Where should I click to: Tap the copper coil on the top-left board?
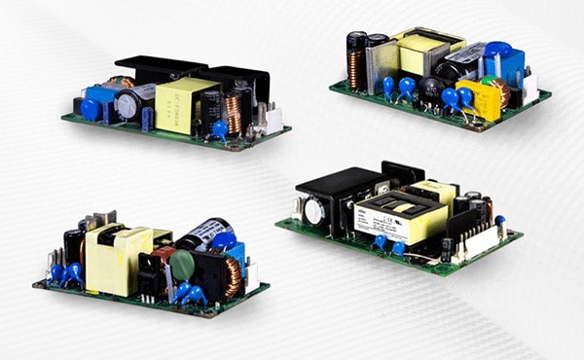click(x=235, y=110)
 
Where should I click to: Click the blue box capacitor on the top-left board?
click(x=99, y=99)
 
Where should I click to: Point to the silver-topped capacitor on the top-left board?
click(x=128, y=101)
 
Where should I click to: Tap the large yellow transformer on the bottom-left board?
click(x=115, y=259)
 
